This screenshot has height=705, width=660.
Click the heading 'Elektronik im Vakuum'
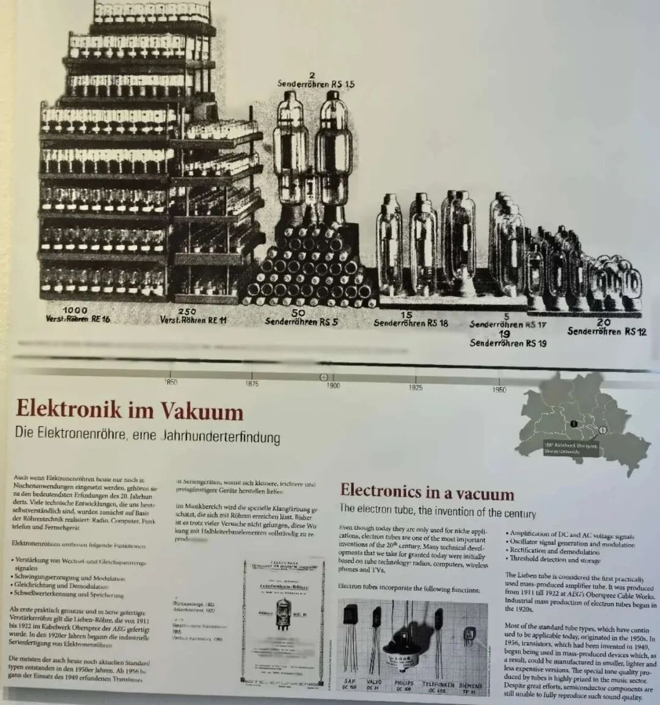tap(129, 410)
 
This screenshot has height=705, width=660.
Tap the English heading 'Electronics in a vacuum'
tap(427, 491)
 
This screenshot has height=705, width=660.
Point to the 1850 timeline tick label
tap(171, 382)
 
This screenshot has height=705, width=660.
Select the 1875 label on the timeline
tap(252, 384)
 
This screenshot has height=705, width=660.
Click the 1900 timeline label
tap(332, 385)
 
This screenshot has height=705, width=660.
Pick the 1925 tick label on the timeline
tap(416, 387)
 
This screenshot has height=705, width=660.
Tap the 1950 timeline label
tap(499, 389)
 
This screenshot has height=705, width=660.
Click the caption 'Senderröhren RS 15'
tap(315, 84)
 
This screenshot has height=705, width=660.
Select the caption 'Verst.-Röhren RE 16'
tap(78, 319)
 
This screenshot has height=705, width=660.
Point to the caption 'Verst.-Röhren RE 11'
tap(193, 320)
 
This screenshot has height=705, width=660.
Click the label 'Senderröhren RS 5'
tap(301, 321)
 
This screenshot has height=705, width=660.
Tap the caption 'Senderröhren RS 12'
tap(606, 331)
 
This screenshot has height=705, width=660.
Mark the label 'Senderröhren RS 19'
tap(508, 343)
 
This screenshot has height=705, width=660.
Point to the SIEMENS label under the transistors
tap(470, 686)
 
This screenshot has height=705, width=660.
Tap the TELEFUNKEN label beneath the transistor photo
tap(438, 685)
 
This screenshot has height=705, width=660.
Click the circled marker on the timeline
tap(323, 377)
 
